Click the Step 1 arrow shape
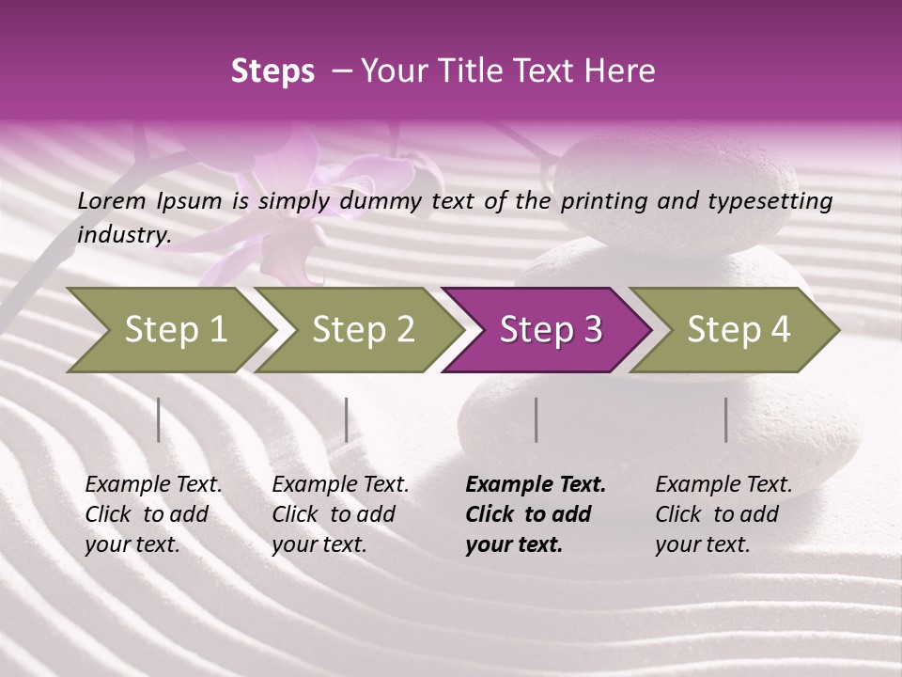point(169,330)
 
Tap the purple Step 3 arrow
point(548,330)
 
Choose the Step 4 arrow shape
point(736,330)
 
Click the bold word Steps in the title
point(272,71)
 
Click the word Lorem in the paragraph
point(112,200)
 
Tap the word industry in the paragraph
point(124,235)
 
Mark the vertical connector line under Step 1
point(159,419)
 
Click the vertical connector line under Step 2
point(347,419)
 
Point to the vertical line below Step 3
point(536,419)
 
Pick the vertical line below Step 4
point(725,419)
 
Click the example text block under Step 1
point(153,514)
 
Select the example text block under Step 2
point(340,514)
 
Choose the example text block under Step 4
point(723,514)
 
